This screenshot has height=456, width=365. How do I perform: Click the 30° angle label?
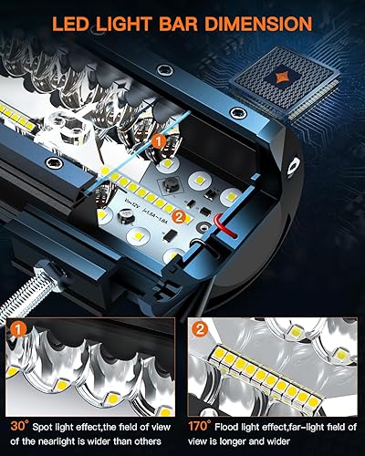pos(18,424)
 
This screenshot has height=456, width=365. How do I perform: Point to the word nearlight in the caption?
pos(63,440)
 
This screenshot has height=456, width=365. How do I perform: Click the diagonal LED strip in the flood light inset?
pos(256,368)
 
